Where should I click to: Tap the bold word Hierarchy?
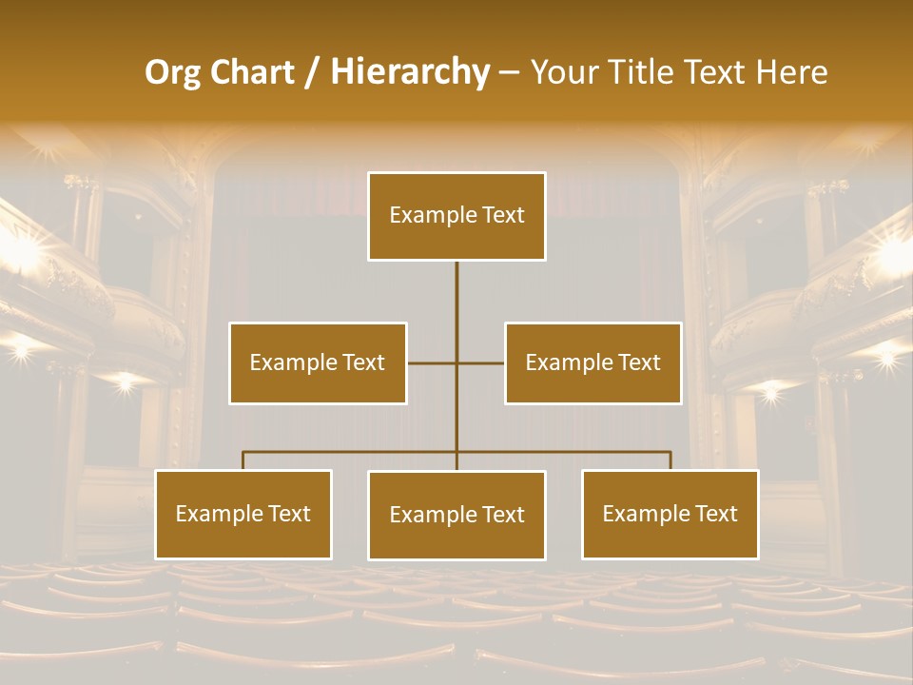click(409, 72)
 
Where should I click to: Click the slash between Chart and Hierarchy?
click(312, 72)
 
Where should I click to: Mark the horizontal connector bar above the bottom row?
click(352, 452)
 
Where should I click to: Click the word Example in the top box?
click(427, 215)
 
